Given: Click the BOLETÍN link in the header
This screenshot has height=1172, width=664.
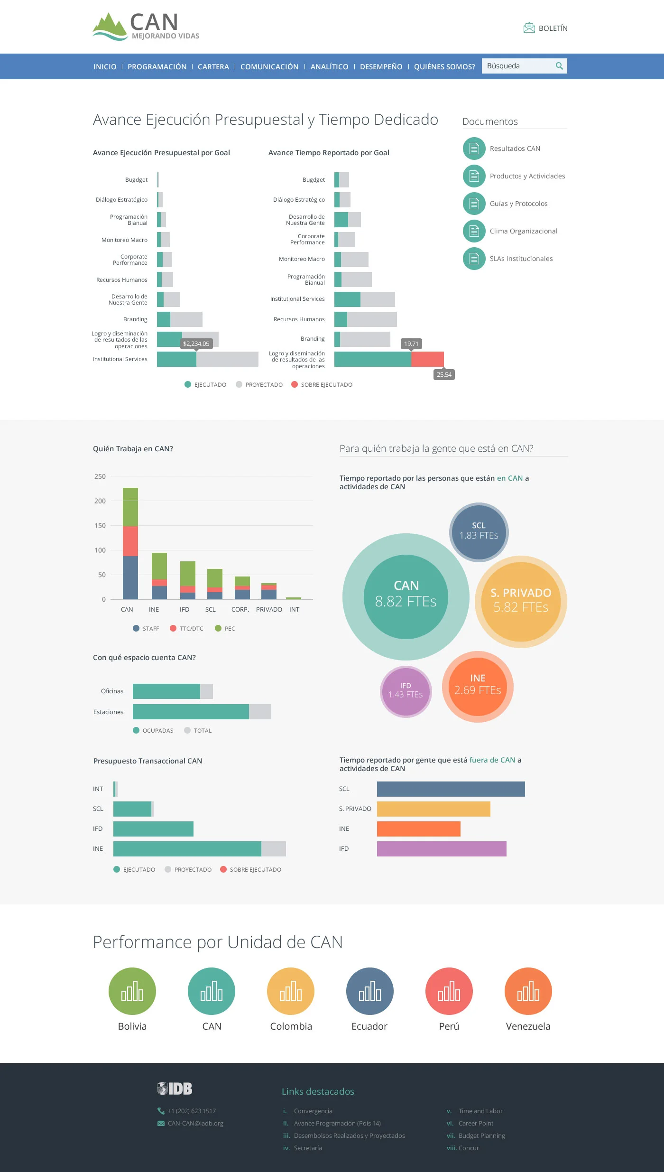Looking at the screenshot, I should pos(546,28).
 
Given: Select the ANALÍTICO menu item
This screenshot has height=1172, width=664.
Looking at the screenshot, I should pos(329,66).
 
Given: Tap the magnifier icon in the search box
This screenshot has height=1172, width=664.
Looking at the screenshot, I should pos(559,66).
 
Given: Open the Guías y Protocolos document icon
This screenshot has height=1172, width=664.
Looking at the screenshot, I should pos(474,204).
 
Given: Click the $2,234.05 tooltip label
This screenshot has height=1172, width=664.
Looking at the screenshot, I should pos(196,344).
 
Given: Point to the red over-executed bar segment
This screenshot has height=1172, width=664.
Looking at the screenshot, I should pos(427,359).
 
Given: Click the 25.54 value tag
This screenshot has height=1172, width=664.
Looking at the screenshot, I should pos(444,374).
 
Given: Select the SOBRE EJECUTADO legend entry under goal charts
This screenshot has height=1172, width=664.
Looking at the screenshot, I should pos(322,384).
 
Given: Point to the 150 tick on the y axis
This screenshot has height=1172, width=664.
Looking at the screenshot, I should pos(100,526).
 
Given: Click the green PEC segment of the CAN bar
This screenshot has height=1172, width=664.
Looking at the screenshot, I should pos(130,507).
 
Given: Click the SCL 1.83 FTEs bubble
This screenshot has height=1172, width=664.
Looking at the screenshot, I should pos(479,531).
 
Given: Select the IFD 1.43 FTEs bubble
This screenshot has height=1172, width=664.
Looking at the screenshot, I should pos(406,691).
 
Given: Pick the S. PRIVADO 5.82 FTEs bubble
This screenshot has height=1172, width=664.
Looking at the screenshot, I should pos(521,601).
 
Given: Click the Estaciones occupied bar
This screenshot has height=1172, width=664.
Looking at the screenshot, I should pos(191,712).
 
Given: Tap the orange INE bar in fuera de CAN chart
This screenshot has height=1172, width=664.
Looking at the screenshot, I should pos(418,829).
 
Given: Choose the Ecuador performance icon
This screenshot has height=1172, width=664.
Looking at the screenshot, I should pos(369,991).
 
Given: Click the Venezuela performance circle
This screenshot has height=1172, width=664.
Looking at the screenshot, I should pos(528,991).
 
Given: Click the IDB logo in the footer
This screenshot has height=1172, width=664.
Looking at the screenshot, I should pos(175,1088).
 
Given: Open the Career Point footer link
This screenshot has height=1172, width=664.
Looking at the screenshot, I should pos(476,1123).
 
